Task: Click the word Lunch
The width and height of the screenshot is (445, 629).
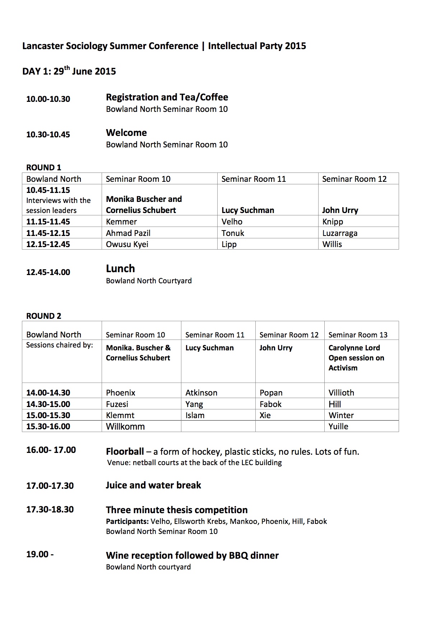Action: click(x=120, y=269)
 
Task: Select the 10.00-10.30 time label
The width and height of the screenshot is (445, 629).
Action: click(x=48, y=99)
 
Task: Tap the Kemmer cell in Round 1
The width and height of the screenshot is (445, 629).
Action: click(x=121, y=222)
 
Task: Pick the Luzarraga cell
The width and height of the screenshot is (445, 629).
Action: click(x=340, y=233)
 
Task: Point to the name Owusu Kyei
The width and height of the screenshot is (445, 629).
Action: click(x=127, y=244)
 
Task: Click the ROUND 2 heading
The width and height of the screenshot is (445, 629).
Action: click(x=44, y=316)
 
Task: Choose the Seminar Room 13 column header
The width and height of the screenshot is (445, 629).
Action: click(x=358, y=335)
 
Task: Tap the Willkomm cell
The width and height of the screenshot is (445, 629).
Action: click(x=125, y=426)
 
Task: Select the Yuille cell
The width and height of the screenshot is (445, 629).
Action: click(x=338, y=426)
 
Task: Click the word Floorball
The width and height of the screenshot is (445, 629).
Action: click(x=125, y=451)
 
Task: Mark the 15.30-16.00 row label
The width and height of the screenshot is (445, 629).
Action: click(x=48, y=426)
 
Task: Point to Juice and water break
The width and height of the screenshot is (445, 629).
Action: click(x=153, y=485)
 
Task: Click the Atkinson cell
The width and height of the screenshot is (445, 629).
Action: click(x=201, y=393)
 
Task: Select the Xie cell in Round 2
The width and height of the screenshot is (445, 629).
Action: click(x=265, y=415)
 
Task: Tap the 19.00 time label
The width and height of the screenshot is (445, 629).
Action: click(x=40, y=554)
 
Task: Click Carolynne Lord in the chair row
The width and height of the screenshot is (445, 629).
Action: click(x=354, y=348)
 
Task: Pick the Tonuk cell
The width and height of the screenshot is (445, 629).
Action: click(x=233, y=233)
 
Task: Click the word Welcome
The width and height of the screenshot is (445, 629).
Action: click(x=126, y=133)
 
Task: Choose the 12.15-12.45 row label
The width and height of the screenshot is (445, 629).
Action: click(x=48, y=244)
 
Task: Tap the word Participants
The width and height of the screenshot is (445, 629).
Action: click(x=127, y=521)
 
